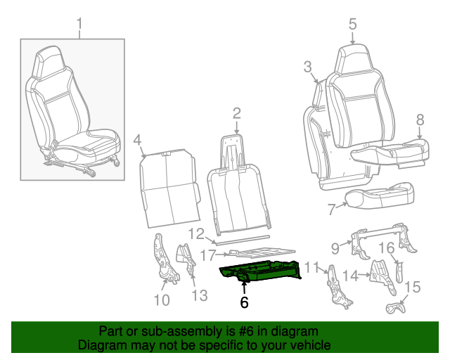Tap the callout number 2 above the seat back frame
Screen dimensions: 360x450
click(236, 112)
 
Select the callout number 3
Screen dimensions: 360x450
click(307, 67)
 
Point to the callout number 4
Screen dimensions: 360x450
click(138, 139)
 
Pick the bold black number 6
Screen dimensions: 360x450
click(244, 303)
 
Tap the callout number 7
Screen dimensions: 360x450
click(332, 209)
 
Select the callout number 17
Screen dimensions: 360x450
click(208, 255)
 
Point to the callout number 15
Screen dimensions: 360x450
click(413, 288)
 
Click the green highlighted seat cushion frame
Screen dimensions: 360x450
click(264, 271)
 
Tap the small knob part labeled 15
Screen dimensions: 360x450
click(396, 307)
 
